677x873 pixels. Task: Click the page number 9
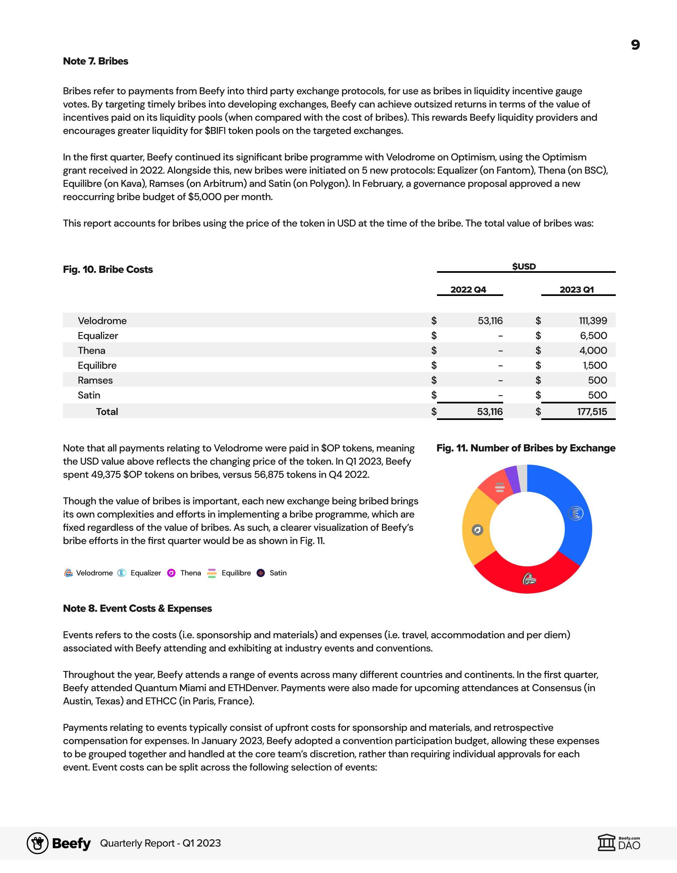pos(635,45)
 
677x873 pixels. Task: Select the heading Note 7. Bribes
pos(96,61)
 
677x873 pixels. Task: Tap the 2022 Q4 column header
pos(468,290)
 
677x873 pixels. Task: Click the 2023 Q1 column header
pos(577,290)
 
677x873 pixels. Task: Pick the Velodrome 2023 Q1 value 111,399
pos(593,320)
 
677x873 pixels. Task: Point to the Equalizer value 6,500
pos(593,336)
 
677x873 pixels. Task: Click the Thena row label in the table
pos(92,351)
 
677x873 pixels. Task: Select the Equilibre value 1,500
pos(595,365)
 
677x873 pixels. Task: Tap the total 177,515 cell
pos(592,412)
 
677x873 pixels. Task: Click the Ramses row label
pos(95,380)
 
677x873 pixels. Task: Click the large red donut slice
pos(527,578)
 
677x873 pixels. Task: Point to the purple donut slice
pos(512,479)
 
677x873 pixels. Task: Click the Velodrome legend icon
pos(69,573)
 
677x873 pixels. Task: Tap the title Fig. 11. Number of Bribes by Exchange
pos(526,448)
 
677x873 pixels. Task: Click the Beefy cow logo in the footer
pos(38,843)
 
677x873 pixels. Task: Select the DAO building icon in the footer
pos(606,843)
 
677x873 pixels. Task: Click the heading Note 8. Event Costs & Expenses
pos(137,608)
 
